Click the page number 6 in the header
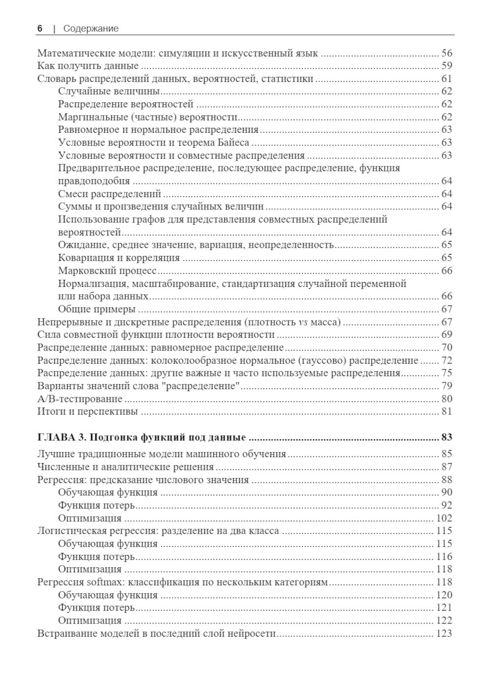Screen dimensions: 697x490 pos(40,28)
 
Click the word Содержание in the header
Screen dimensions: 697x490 pos(91,28)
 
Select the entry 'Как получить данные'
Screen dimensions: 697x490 pos(88,66)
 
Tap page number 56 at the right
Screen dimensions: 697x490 pos(446,53)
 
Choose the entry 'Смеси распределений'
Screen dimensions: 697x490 pos(109,194)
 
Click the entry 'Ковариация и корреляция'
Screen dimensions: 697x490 pos(119,257)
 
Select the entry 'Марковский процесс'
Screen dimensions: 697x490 pos(107,271)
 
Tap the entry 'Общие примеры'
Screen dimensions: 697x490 pos(97,309)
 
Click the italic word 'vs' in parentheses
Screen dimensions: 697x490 pos(303,322)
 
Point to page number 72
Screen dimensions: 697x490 pos(446,361)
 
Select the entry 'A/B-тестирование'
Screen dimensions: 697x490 pos(80,399)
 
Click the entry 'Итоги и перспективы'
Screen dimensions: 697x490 pos(88,412)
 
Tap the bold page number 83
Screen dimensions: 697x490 pos(446,437)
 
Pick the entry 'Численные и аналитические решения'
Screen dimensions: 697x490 pos(125,466)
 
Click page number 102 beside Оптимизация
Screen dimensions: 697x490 pos(444,518)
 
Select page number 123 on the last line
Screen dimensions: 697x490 pos(444,634)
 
